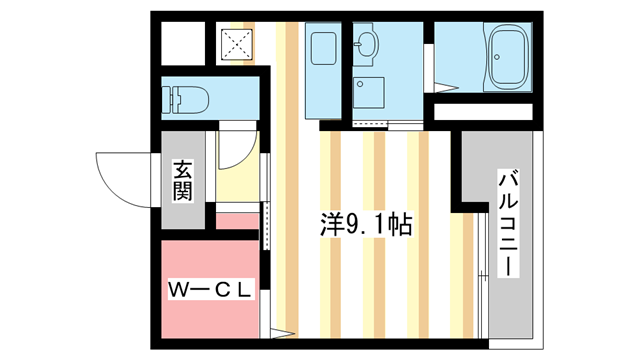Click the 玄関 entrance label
[182, 180]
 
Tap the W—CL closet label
[210, 290]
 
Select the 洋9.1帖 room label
[366, 224]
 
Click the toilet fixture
[185, 99]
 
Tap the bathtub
[509, 56]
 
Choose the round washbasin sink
[367, 44]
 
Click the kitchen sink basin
[324, 48]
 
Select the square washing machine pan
[369, 93]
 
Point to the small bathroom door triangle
[446, 87]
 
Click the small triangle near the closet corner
[282, 333]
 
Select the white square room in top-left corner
[183, 43]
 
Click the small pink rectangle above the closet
[238, 221]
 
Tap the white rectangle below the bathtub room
[483, 112]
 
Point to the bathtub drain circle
[497, 57]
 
